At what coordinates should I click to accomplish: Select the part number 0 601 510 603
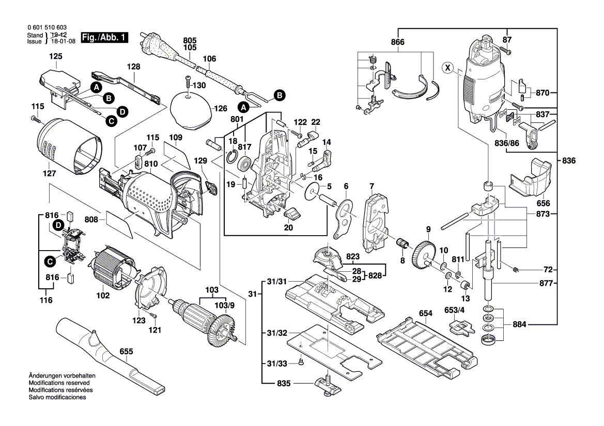46,28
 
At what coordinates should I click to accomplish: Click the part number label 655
126,351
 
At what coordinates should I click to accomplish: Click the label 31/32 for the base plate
277,333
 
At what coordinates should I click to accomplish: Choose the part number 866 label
397,42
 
